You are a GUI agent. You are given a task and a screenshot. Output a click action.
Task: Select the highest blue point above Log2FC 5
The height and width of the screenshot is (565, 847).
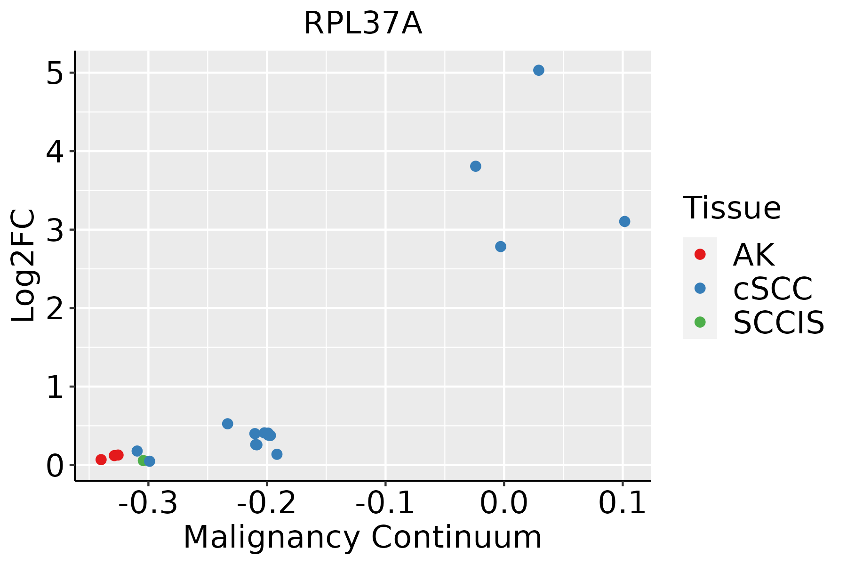[x=539, y=70]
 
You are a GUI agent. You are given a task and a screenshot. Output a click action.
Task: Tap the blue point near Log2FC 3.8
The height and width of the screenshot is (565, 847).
[x=476, y=166]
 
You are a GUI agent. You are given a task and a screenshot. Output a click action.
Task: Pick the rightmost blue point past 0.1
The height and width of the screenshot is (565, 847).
[x=624, y=221]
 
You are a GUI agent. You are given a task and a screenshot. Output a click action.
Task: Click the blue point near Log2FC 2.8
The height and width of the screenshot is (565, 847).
[x=501, y=247]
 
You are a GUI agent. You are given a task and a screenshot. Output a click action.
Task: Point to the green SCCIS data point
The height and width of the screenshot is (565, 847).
[x=143, y=460]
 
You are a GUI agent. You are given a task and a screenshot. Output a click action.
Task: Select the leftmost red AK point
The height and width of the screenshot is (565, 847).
[x=101, y=460]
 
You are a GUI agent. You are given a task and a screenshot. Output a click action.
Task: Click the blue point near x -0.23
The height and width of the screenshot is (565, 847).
[x=227, y=424]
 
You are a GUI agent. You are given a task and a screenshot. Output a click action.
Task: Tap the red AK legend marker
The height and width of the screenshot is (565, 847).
[x=700, y=254]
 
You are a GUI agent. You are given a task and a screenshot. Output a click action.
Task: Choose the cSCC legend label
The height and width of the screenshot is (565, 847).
[x=773, y=288]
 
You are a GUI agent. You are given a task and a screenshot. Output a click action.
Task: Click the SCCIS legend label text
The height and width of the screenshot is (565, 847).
[x=778, y=323]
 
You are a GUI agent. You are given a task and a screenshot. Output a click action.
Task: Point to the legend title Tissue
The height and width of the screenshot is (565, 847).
[x=732, y=208]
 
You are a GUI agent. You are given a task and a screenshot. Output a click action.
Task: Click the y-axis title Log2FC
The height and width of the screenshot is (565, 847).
[x=24, y=266]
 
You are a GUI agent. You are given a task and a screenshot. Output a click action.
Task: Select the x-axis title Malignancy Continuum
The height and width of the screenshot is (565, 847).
[x=362, y=537]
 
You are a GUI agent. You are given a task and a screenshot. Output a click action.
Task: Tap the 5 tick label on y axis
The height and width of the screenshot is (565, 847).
[x=55, y=73]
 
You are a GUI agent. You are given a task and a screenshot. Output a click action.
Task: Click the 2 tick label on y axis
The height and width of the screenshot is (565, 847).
[x=55, y=308]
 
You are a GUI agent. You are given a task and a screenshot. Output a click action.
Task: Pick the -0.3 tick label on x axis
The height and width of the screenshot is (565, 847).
[x=148, y=503]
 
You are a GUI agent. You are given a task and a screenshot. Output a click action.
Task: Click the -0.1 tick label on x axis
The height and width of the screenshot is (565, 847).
[x=385, y=503]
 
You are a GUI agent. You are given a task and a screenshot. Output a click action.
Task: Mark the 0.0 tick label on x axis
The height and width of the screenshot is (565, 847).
[x=504, y=503]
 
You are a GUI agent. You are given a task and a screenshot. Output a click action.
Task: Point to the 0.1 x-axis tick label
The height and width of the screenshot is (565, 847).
[x=622, y=503]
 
